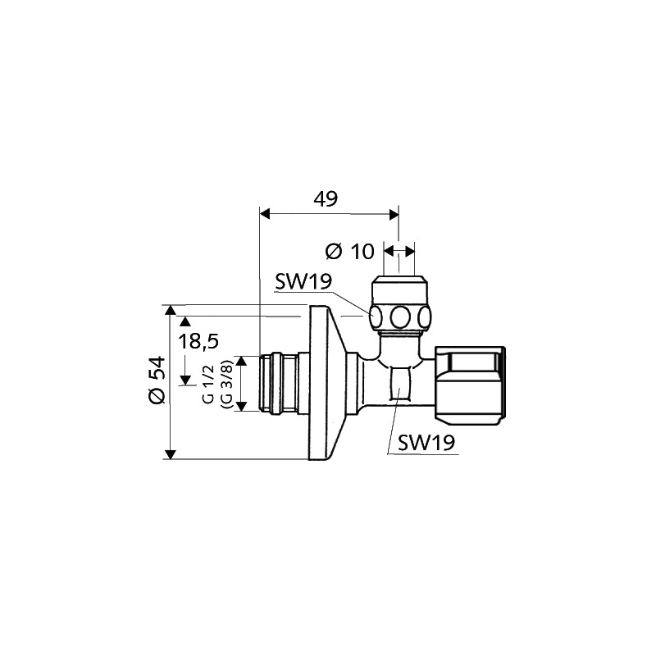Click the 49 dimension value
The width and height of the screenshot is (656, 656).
coord(326,198)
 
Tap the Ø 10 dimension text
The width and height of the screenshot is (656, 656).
coord(350,252)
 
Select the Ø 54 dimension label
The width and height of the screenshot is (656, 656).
coord(157,380)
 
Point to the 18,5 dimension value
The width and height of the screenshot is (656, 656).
coord(198,341)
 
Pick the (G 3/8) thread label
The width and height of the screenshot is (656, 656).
coord(226,384)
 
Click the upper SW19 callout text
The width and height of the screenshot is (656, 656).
coord(303,281)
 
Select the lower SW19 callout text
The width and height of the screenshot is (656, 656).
coord(426,442)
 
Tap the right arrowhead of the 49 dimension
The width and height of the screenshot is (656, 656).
coord(394,215)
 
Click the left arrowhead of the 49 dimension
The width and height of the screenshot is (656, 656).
coord(265,214)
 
